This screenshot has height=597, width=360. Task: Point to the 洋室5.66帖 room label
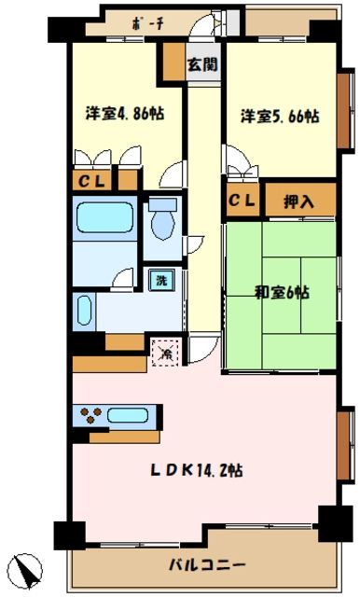click(x=281, y=118)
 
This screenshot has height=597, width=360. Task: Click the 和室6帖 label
click(x=282, y=291)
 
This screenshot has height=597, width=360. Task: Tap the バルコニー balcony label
click(x=207, y=565)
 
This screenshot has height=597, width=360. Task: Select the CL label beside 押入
click(x=242, y=200)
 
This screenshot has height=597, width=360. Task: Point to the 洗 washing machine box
click(x=160, y=279)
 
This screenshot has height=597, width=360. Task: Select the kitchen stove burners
click(x=92, y=415)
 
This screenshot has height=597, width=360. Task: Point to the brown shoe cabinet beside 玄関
click(x=173, y=60)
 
